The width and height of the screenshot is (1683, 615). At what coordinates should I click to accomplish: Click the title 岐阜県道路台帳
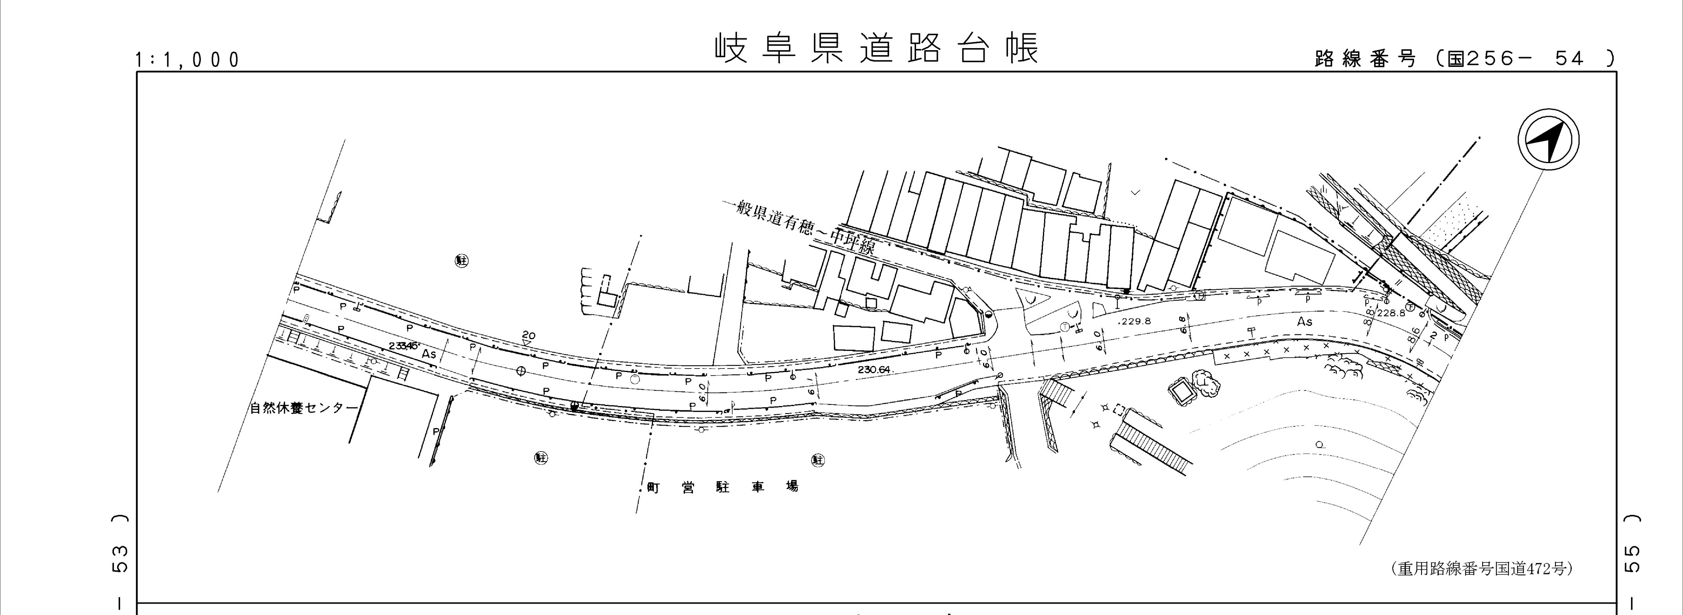pos(875,49)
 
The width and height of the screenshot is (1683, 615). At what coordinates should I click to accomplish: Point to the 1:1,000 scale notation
pos(188,60)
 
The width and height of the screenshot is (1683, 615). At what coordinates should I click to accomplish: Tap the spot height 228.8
pos(1390,313)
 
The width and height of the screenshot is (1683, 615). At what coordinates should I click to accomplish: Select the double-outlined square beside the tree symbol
pos(1181,392)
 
